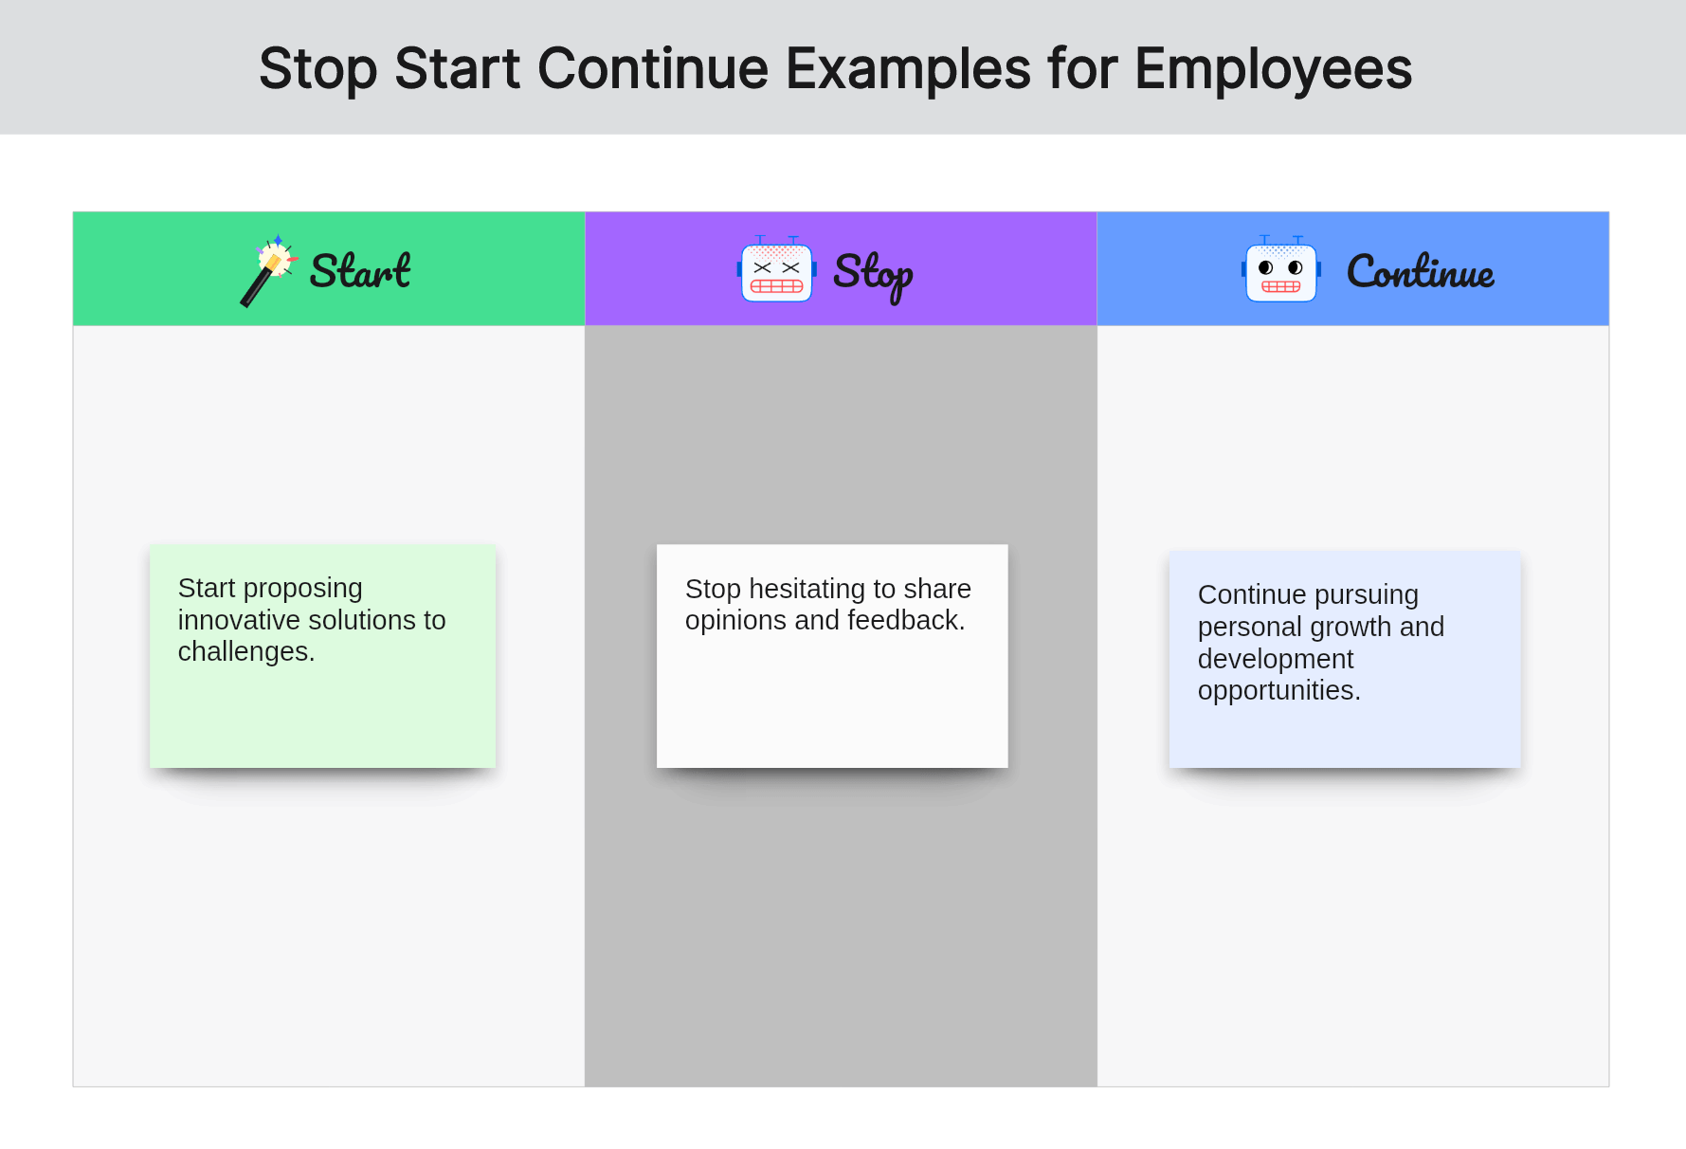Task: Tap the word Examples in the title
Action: (x=908, y=69)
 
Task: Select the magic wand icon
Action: (x=269, y=270)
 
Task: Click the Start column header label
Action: (x=360, y=271)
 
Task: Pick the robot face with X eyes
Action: (x=777, y=270)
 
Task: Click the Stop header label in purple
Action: (x=873, y=275)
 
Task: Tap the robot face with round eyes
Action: (x=1281, y=270)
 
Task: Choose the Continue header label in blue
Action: (x=1421, y=271)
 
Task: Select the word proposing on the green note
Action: (x=303, y=589)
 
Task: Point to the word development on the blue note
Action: (x=1276, y=659)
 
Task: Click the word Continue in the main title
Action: (x=653, y=69)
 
